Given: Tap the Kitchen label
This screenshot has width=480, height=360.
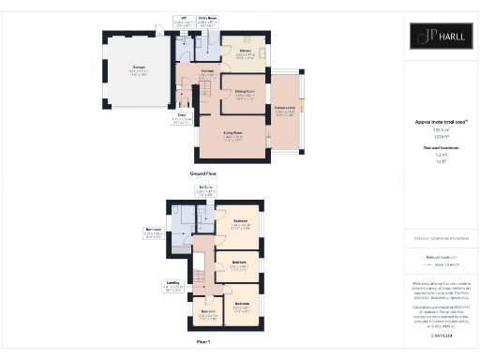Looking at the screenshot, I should [244, 52].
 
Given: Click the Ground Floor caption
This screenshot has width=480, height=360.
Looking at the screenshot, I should [204, 175].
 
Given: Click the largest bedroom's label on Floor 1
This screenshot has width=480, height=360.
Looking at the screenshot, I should [241, 224].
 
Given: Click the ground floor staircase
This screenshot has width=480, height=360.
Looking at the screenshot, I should [199, 92].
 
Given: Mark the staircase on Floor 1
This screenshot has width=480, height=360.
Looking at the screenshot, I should [199, 277].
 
